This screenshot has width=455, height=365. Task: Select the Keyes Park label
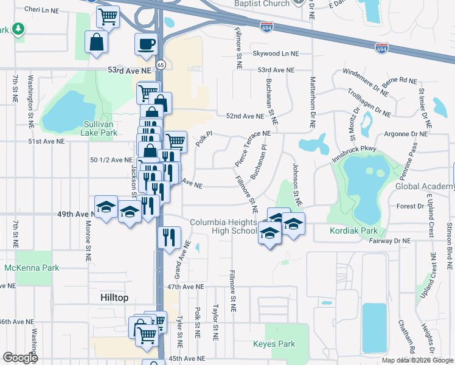(274, 344)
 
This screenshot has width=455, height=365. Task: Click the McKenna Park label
(32, 267)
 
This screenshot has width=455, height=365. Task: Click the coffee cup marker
(146, 44)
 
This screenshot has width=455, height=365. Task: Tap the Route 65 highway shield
(160, 63)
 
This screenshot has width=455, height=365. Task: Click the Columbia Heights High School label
(223, 226)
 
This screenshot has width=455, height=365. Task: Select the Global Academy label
(425, 186)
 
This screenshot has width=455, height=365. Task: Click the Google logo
(21, 357)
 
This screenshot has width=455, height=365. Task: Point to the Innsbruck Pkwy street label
(355, 152)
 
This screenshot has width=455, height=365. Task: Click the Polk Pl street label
(204, 138)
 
